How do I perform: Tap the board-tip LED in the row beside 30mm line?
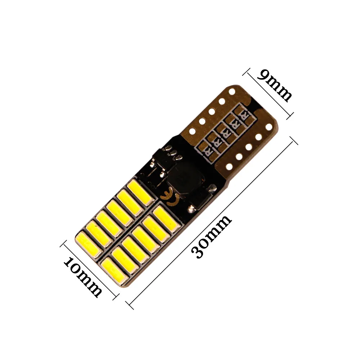click(x=111, y=267)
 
